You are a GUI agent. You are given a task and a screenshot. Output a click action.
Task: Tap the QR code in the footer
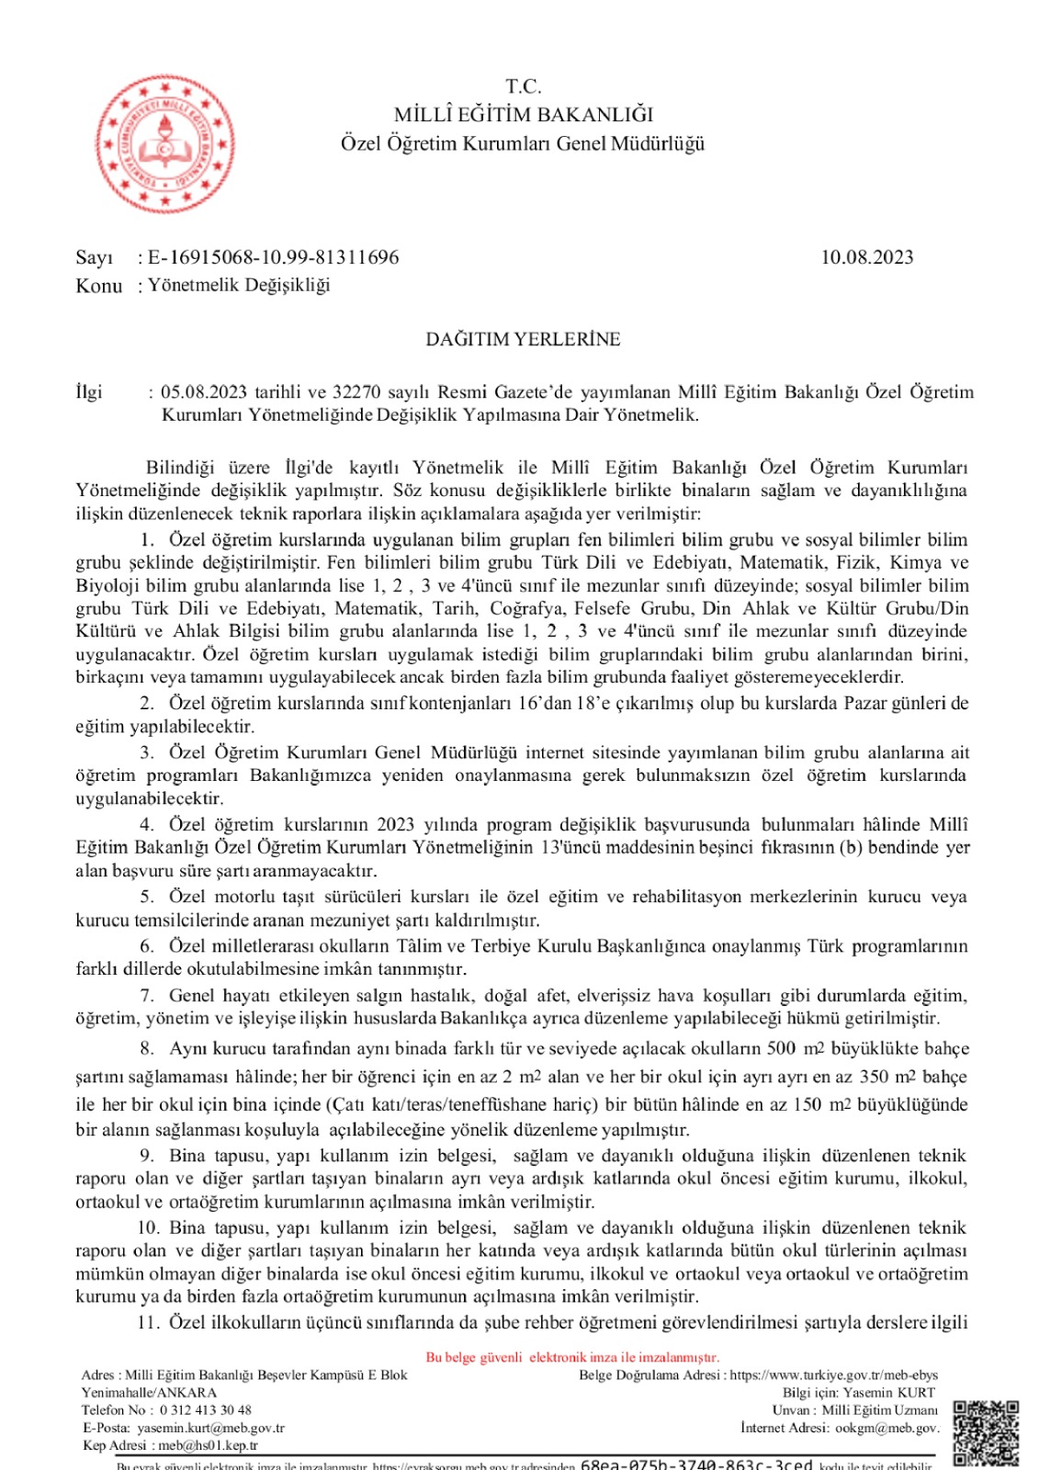pos(985,1432)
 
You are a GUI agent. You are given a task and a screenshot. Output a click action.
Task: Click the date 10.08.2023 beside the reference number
pos(866,257)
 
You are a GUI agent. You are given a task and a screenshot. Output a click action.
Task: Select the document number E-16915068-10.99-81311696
pos(274,257)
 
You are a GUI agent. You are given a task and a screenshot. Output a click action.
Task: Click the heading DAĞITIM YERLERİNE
pos(523,339)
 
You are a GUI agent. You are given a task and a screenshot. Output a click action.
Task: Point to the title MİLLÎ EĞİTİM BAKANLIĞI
pos(524,115)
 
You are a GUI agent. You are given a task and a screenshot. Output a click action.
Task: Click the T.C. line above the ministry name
pos(524,86)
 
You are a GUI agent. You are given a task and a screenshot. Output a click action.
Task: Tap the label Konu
pos(98,286)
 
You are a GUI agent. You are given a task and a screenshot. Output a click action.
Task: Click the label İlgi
pos(89,392)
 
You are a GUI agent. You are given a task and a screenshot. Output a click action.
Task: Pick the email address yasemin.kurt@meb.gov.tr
pos(210,1428)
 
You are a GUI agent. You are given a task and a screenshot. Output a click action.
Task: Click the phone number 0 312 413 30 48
pos(205,1410)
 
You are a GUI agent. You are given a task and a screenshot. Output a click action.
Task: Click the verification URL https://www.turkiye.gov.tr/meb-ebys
pos(833,1375)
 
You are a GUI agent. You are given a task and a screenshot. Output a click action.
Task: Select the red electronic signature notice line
pos(572,1357)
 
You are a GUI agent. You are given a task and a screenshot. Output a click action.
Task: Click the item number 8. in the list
pos(147,1049)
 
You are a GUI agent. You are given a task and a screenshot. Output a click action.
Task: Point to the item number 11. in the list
pos(148,1322)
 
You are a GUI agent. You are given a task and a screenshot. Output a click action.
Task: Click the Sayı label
pos(94,257)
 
